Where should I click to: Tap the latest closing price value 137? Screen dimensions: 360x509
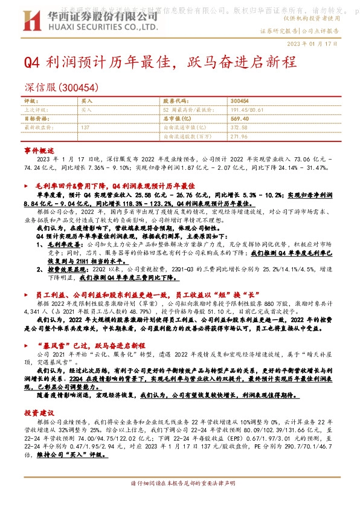pyautogui.click(x=85, y=127)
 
